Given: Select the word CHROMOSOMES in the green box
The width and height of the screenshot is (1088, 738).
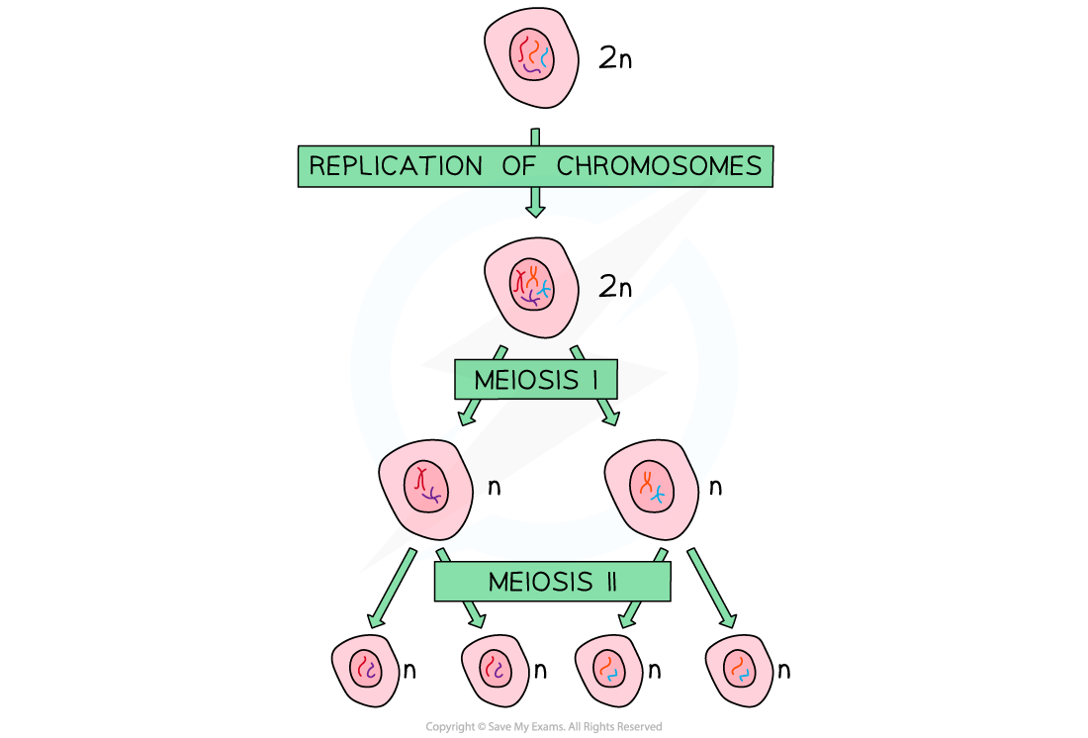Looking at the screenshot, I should (659, 166).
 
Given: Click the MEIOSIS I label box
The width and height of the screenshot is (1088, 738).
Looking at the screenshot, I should (535, 380).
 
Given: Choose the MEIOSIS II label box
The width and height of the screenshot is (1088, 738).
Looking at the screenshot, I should (552, 582).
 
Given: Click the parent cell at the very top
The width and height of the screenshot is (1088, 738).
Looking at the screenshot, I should (531, 57).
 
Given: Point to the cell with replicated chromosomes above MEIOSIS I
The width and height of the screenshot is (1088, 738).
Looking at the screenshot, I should (531, 288).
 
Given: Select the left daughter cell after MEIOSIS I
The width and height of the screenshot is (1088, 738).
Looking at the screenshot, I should (426, 488).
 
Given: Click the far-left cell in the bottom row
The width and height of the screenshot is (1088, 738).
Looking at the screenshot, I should (365, 670).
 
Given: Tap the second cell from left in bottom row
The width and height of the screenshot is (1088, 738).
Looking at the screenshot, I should (496, 670).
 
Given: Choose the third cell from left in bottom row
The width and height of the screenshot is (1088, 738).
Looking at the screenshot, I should (608, 670).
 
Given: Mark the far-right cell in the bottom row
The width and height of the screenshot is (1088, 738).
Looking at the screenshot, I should (740, 670).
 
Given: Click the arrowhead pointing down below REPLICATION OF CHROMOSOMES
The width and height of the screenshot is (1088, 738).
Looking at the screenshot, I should (535, 207).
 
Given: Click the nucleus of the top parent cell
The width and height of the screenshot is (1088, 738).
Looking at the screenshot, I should (531, 55).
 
